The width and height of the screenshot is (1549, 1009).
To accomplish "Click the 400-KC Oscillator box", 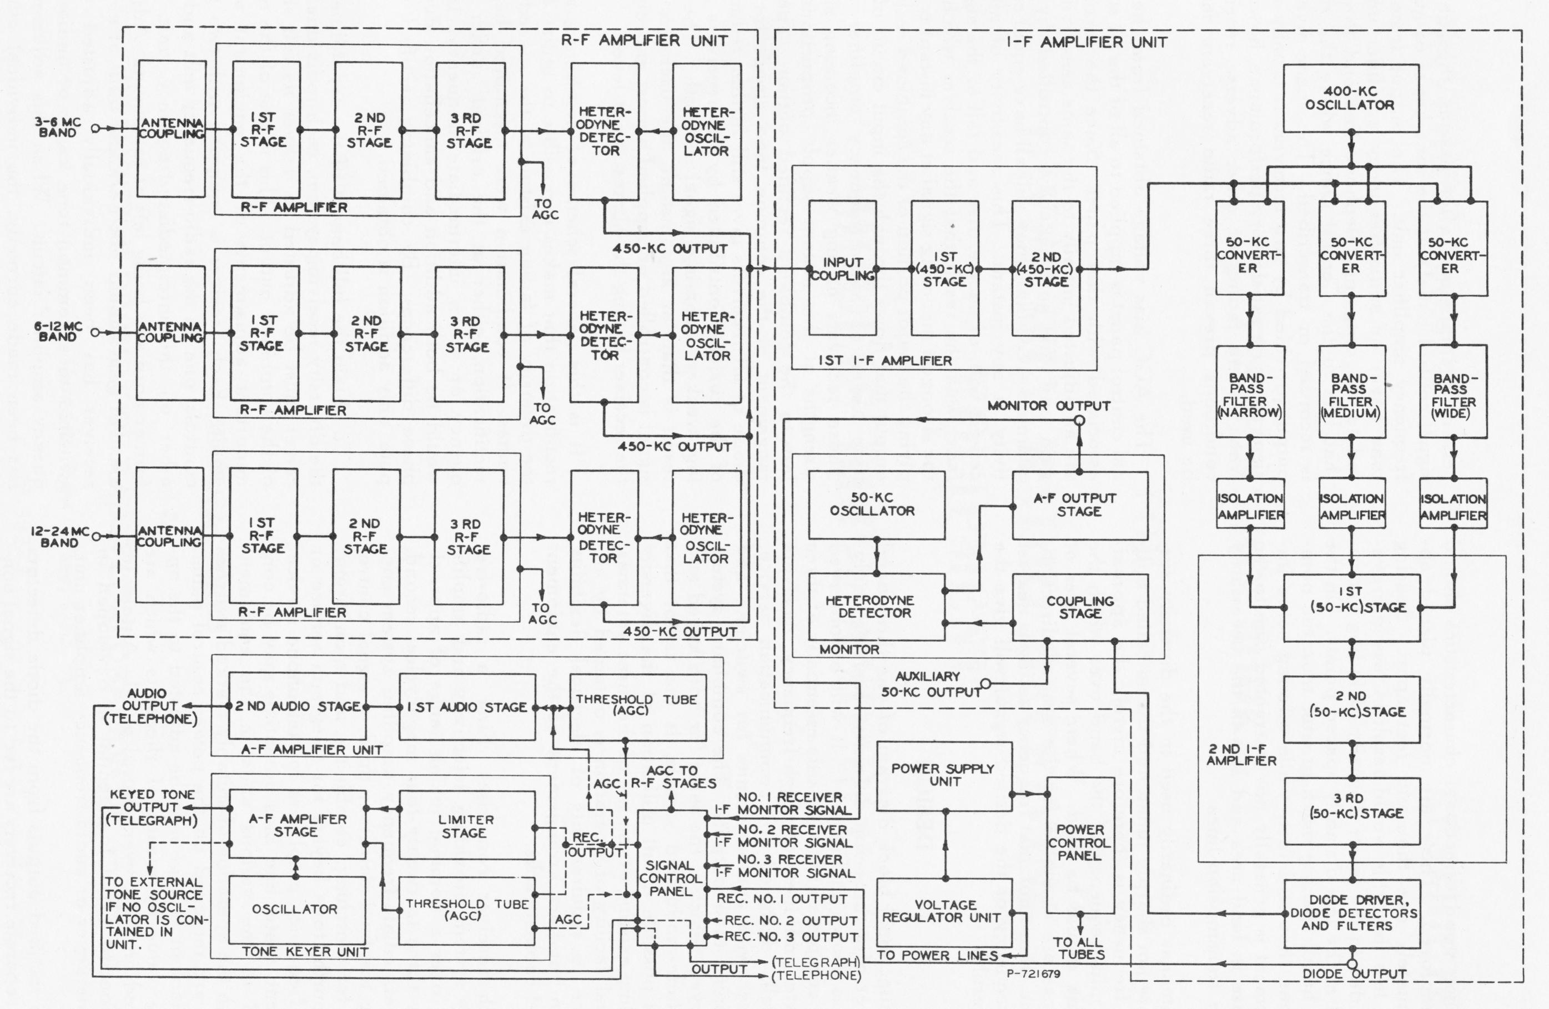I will click(1350, 98).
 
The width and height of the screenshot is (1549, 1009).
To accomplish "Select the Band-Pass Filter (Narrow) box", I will click(1250, 392).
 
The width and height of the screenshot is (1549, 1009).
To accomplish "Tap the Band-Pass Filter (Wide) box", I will click(1454, 392).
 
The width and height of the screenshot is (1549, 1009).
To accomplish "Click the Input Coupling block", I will click(842, 268).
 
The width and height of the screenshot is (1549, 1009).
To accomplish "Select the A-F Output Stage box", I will click(1080, 505).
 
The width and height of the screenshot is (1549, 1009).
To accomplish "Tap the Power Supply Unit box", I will click(944, 776).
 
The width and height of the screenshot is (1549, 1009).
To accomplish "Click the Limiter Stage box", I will click(467, 825).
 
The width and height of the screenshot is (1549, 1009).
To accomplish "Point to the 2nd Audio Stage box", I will click(298, 707).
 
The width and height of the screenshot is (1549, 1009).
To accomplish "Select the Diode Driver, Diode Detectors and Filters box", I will click(1352, 914).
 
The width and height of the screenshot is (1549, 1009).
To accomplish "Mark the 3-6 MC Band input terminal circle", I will click(95, 129).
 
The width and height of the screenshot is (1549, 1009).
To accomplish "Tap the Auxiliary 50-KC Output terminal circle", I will click(985, 684).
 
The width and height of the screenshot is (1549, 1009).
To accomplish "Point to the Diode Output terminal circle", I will click(1352, 963).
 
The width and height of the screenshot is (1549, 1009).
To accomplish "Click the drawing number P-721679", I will click(1033, 974).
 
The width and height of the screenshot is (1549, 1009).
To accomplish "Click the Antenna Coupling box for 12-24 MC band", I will click(169, 535).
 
